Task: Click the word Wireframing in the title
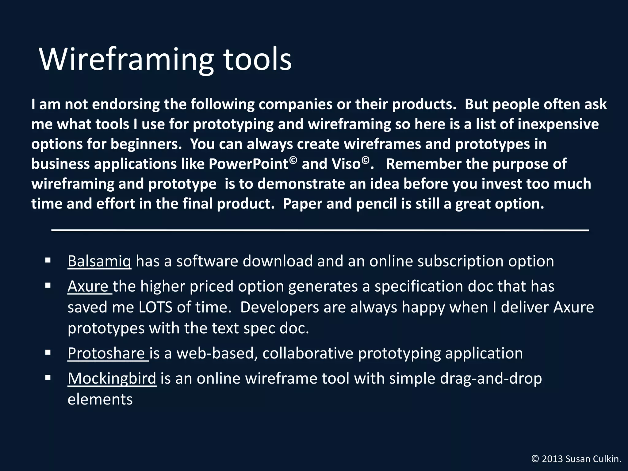coord(126,60)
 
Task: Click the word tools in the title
coord(257,60)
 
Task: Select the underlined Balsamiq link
coord(99,262)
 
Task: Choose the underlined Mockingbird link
coord(112,378)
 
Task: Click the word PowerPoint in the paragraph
coord(248,164)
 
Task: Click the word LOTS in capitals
coord(155,308)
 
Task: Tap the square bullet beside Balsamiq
coord(48,261)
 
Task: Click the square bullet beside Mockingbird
coord(48,378)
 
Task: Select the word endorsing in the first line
coord(126,105)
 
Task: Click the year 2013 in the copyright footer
coord(552,459)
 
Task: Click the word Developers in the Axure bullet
coord(279,308)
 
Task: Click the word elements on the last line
coord(100,400)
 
